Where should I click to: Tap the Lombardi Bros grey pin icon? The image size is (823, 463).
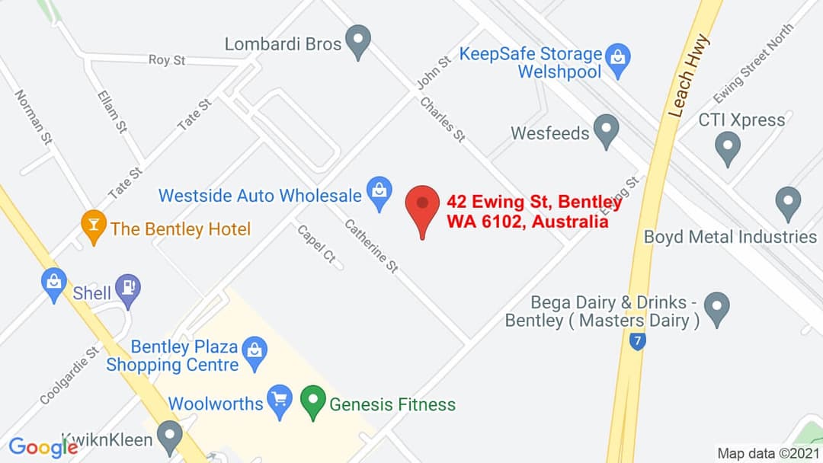pos(357,40)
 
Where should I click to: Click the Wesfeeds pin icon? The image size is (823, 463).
pos(606,130)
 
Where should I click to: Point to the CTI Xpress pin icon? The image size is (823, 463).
pos(729,146)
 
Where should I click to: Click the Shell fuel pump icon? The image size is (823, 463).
pos(128,289)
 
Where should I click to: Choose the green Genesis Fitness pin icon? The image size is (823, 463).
pos(313,401)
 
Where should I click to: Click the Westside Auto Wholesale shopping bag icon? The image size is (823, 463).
pos(379,193)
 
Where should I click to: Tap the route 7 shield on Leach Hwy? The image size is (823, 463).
pos(638,342)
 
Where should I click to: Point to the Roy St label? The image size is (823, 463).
pos(167,59)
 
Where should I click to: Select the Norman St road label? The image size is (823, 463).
pos(34,117)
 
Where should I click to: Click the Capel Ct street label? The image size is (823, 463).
pos(316,244)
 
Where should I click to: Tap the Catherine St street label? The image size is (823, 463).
pos(372,245)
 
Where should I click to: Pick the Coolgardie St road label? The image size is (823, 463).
pos(69,375)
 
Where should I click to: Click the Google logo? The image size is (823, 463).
pos(43,447)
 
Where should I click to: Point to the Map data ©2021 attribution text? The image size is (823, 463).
pos(769,453)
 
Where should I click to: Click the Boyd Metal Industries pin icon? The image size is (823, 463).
pos(788,203)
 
